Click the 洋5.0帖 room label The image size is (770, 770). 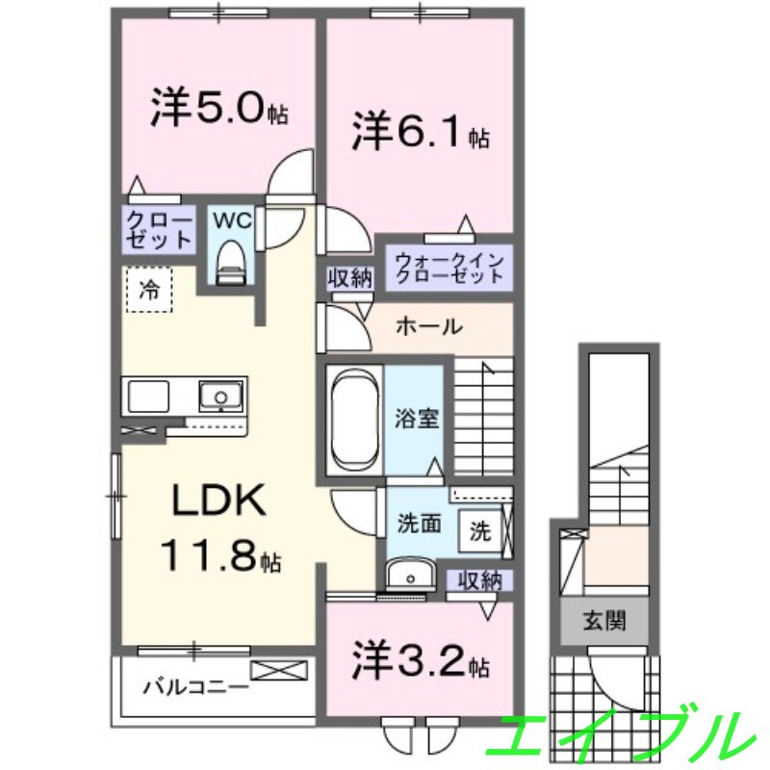pos(218,110)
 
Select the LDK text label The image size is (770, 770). pos(218,500)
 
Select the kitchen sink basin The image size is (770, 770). pos(221,396)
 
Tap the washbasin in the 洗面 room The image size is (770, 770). pos(413,576)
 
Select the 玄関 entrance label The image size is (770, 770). pos(603,622)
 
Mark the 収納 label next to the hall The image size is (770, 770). pos(348,279)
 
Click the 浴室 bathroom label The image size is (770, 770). pos(417,419)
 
